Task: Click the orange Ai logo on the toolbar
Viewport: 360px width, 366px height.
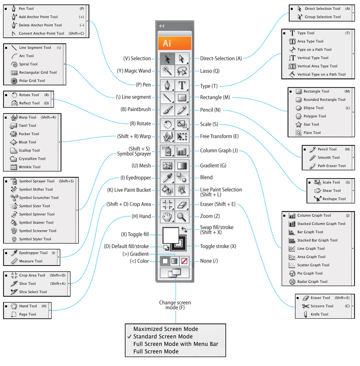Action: (174, 43)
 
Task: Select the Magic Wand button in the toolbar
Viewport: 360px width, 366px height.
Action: (168, 71)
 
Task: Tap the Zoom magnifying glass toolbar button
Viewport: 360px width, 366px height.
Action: (181, 216)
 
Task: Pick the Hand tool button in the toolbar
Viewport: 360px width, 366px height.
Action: (168, 216)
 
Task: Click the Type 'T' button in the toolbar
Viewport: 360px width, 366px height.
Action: (182, 85)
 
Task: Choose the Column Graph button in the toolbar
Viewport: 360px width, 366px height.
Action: (182, 151)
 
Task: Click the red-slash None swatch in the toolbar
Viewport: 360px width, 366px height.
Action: (184, 261)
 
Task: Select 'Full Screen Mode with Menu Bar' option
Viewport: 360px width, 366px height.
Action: (175, 344)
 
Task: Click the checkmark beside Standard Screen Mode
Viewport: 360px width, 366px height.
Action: (129, 337)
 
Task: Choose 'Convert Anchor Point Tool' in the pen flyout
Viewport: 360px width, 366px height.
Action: (41, 33)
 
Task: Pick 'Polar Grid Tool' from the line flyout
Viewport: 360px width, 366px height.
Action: (32, 81)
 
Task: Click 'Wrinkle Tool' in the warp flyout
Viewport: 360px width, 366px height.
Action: (30, 167)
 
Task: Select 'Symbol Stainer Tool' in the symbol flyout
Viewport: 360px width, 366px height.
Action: (36, 223)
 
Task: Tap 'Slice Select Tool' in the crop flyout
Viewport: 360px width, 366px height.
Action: (33, 292)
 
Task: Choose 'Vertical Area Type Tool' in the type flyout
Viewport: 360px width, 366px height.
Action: (317, 66)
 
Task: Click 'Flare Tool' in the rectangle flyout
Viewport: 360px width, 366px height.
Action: (312, 133)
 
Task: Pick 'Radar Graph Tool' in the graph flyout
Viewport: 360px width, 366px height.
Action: (312, 282)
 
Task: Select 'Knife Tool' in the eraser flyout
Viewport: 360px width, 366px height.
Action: (319, 314)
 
